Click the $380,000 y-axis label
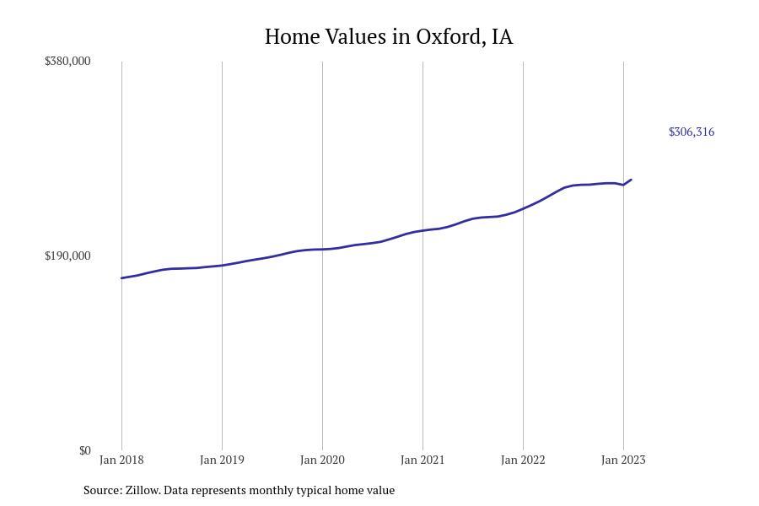click(x=67, y=61)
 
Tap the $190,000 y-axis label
click(x=67, y=256)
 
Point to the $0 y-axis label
click(x=84, y=450)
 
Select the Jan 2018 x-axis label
click(x=121, y=460)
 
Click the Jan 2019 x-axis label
click(x=222, y=460)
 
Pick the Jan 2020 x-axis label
click(x=322, y=460)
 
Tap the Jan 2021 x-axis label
click(x=423, y=460)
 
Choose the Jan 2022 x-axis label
click(x=523, y=460)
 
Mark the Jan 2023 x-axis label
click(x=623, y=460)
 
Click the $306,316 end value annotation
click(x=692, y=132)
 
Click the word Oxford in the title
click(x=449, y=37)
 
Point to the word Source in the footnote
click(x=102, y=490)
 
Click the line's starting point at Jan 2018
click(x=121, y=277)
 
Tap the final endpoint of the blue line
click(x=631, y=180)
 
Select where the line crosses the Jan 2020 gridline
click(x=322, y=249)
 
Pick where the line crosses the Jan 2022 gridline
click(x=523, y=207)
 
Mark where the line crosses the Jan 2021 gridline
click(x=423, y=230)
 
